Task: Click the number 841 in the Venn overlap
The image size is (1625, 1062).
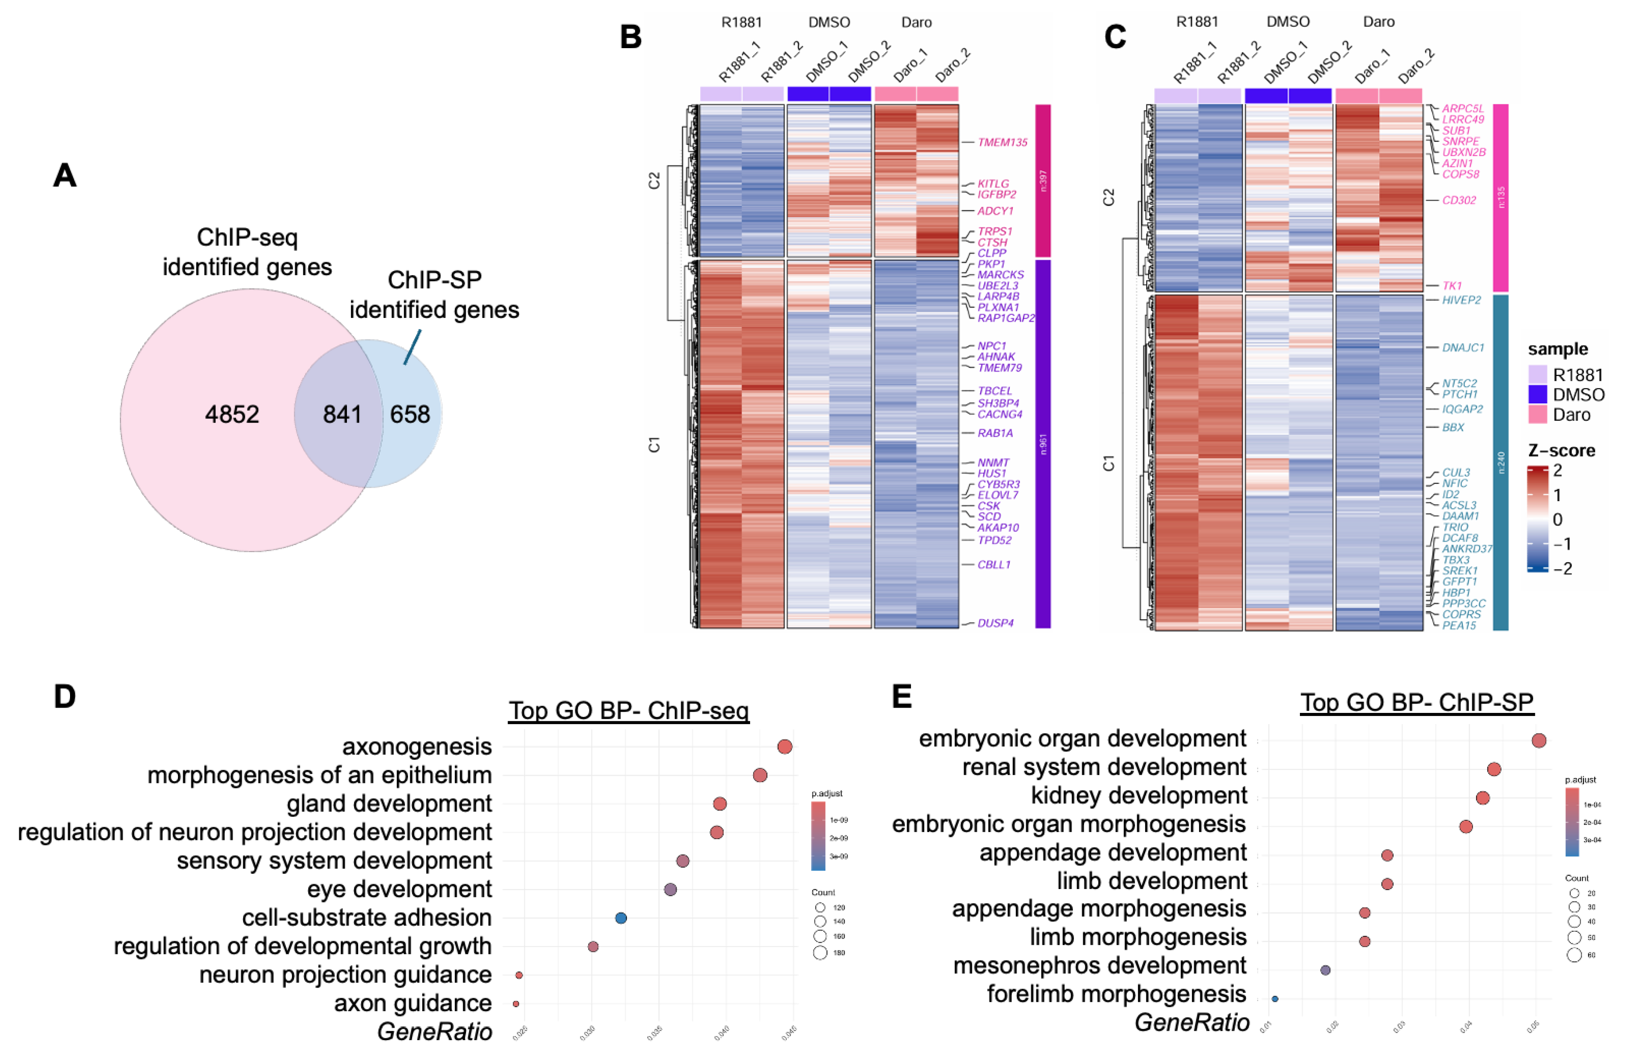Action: pos(342,414)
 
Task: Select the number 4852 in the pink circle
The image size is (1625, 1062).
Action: pos(232,414)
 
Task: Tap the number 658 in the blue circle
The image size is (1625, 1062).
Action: pos(410,414)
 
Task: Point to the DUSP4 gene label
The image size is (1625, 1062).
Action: pos(995,623)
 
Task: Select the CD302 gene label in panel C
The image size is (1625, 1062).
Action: pos(1458,200)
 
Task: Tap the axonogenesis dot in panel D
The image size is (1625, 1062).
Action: pos(784,747)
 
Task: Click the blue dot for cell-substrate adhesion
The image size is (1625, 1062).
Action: pos(621,918)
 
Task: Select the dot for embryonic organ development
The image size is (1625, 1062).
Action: pos(1538,741)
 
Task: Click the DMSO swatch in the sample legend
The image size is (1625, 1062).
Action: pos(1537,395)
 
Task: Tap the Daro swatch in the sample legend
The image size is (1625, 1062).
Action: pos(1537,414)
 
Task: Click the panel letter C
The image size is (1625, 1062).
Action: pos(1115,37)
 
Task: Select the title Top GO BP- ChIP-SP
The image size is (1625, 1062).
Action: pos(1417,702)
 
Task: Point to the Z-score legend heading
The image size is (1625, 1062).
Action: pos(1561,450)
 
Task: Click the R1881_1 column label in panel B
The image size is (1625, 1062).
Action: pos(738,62)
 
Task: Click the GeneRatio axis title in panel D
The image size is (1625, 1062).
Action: pos(434,1031)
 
